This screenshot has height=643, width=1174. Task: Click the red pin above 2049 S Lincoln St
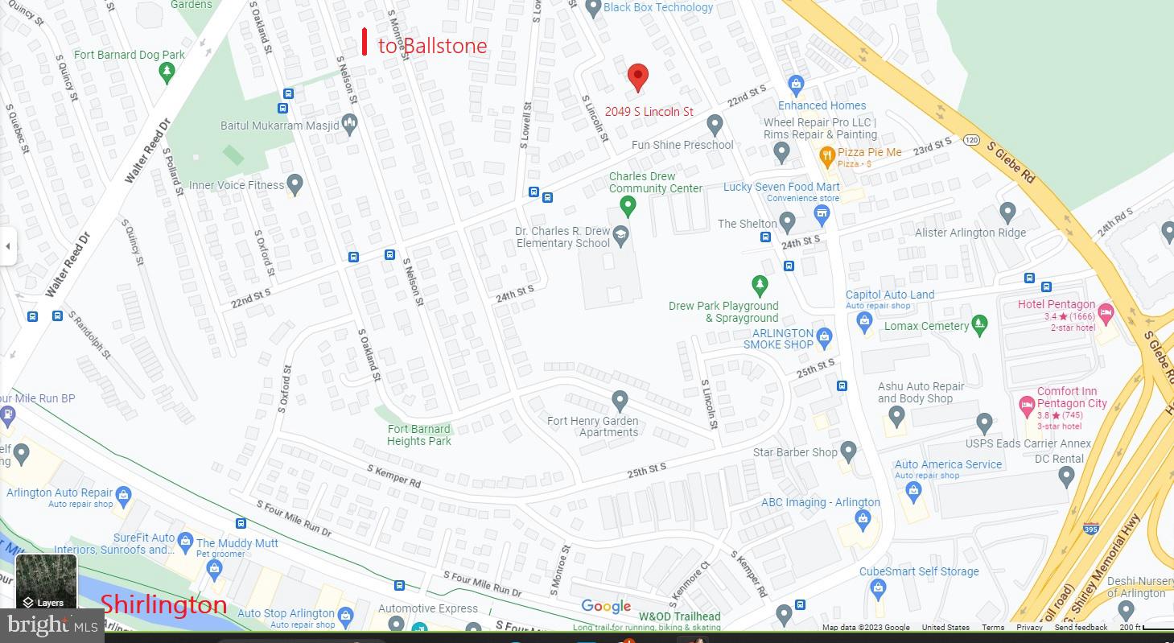point(637,76)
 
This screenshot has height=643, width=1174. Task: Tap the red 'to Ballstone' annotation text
point(432,46)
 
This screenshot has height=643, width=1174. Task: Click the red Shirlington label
point(163,604)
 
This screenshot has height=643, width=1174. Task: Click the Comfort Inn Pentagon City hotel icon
point(1027,405)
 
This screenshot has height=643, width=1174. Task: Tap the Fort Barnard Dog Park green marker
point(167,73)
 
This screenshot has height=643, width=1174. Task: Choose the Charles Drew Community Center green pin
point(628,207)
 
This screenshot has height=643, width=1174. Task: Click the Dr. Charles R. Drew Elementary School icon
point(620,236)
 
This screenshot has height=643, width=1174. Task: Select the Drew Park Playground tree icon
point(759,285)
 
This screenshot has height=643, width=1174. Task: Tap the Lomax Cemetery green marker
point(978,325)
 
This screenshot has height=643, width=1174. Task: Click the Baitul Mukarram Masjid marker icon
point(348,124)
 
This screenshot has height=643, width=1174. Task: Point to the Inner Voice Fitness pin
point(295,184)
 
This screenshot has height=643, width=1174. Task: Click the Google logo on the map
point(606,607)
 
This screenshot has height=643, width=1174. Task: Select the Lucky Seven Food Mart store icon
point(821,214)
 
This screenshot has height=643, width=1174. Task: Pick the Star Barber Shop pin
point(848,451)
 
